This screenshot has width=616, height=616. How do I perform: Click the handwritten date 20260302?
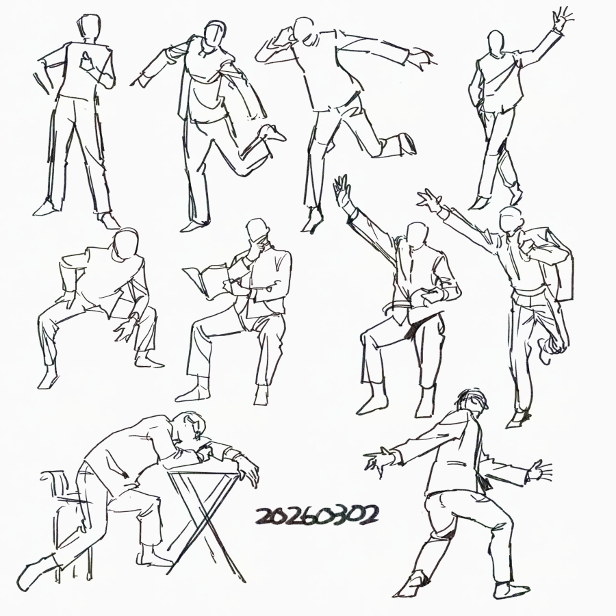tap(318, 515)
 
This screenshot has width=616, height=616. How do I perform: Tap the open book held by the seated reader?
tap(207, 280)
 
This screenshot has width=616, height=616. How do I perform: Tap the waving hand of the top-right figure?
tap(562, 19)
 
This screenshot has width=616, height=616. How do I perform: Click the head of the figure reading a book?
tap(258, 233)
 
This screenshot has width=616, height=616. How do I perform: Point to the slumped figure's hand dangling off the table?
tap(248, 472)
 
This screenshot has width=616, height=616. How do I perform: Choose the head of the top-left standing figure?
tap(89, 27)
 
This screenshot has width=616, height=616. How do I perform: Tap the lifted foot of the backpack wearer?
tap(551, 350)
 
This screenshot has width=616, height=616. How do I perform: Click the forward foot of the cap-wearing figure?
tap(409, 585)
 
